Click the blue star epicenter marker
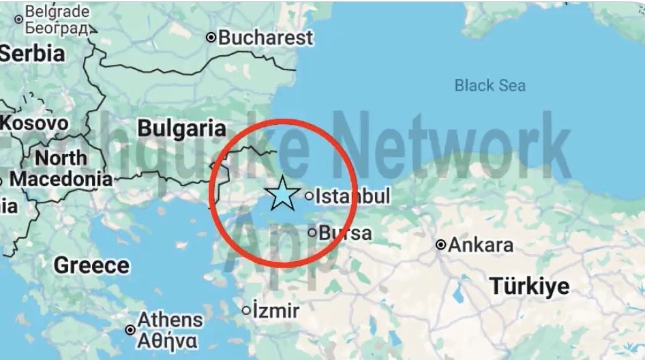(282, 194)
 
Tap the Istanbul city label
(352, 196)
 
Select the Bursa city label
(346, 233)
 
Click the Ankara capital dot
(441, 245)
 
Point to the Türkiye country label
(529, 286)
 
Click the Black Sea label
(490, 85)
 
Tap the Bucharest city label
(265, 37)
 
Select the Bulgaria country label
(181, 128)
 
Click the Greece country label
(91, 265)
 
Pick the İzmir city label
(276, 311)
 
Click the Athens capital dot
(130, 330)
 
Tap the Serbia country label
(33, 53)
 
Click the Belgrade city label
(57, 12)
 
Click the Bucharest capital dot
(211, 37)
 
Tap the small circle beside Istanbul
(309, 196)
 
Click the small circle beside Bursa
(312, 233)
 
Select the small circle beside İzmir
(246, 311)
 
